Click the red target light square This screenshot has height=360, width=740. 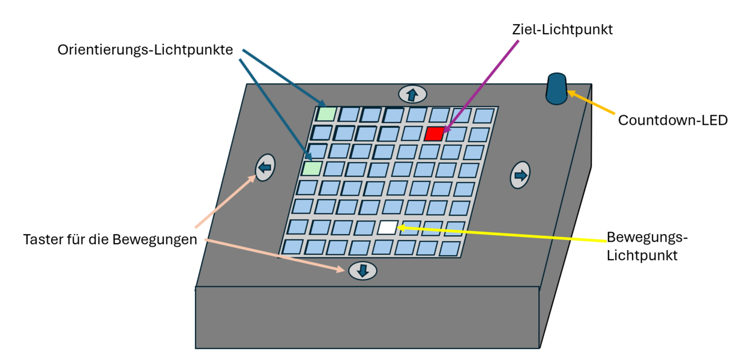(x=434, y=134)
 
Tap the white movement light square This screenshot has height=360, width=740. (x=387, y=227)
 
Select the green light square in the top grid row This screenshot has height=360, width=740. (x=326, y=113)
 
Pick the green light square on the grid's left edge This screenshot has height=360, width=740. (x=311, y=169)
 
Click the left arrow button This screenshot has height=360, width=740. (x=265, y=167)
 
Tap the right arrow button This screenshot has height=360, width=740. (x=520, y=175)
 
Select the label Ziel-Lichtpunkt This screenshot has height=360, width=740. (x=562, y=29)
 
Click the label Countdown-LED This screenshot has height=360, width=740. (x=672, y=120)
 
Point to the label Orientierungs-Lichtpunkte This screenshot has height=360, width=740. (x=145, y=50)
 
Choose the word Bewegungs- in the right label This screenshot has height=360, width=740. (x=647, y=237)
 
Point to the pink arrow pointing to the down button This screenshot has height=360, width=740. (x=276, y=255)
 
